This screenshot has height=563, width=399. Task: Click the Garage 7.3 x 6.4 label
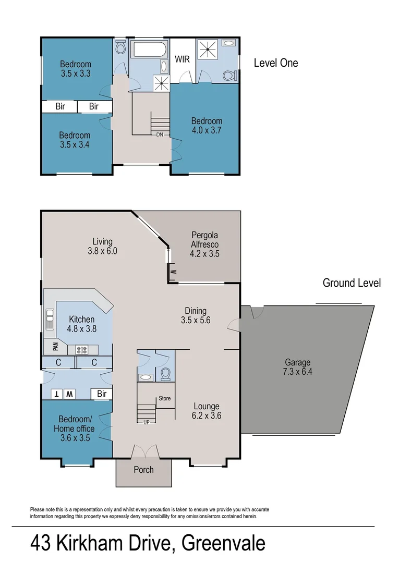297,367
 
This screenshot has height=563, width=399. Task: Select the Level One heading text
276,63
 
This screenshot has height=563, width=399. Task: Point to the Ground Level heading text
352,283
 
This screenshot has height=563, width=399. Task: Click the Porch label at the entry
143,470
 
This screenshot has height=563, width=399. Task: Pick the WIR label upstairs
182,58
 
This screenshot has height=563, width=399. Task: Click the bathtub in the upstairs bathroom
149,52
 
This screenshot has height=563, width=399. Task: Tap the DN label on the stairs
160,134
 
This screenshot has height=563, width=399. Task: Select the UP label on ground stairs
147,422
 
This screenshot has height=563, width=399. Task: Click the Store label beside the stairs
164,398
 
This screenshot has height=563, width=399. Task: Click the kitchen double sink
50,317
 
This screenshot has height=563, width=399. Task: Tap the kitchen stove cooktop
83,350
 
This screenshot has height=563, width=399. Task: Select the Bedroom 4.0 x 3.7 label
206,126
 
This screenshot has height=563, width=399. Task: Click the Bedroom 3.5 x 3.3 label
75,69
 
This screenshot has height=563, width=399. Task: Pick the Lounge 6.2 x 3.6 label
207,411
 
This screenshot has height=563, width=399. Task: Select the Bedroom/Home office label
75,429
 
